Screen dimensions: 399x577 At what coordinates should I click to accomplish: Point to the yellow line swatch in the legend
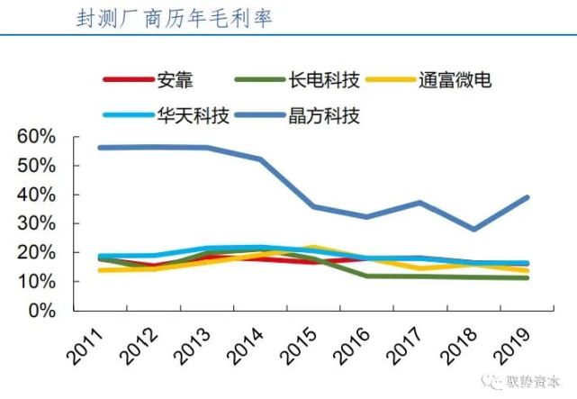390,80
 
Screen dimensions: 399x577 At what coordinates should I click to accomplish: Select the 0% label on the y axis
41,311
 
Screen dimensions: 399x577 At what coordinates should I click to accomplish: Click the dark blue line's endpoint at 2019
527,197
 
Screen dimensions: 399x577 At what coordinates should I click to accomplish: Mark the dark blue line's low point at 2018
473,229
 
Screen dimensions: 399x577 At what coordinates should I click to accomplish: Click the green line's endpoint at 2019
527,277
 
